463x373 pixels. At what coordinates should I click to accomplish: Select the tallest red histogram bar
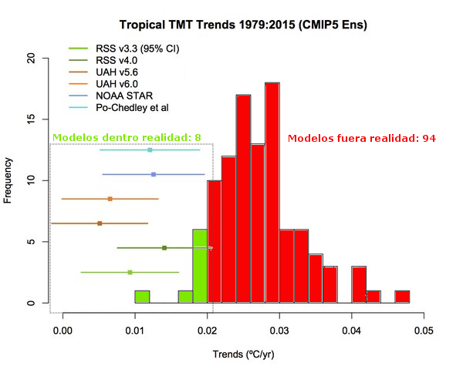click(272, 193)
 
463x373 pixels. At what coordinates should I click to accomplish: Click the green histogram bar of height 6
click(199, 266)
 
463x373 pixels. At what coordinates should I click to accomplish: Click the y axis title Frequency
click(8, 180)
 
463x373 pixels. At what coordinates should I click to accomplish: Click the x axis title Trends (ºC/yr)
click(243, 355)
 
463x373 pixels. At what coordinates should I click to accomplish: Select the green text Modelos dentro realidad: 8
click(127, 138)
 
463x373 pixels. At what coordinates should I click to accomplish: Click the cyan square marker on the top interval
click(150, 150)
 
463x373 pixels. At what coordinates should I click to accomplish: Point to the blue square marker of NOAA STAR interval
click(154, 175)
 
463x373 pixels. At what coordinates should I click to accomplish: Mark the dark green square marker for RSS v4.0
click(164, 247)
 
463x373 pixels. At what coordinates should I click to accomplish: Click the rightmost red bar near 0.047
click(402, 297)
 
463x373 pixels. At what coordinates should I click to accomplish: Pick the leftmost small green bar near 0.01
click(142, 297)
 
